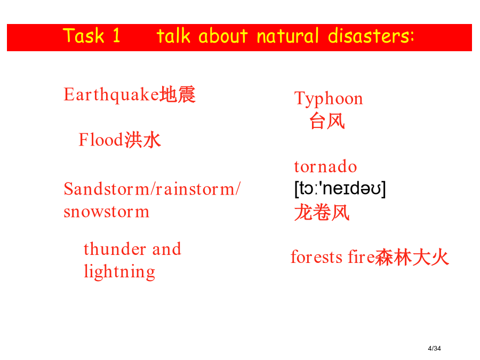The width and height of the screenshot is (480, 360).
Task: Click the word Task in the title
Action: click(84, 36)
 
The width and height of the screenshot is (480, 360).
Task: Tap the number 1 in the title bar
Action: click(116, 36)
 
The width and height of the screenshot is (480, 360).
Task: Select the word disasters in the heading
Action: click(371, 36)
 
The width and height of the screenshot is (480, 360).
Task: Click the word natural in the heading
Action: click(288, 36)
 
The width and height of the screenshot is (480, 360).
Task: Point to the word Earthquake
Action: click(112, 94)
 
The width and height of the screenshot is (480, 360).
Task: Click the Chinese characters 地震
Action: click(178, 94)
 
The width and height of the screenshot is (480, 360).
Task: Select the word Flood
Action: click(101, 140)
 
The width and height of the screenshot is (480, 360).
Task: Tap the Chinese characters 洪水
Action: click(142, 140)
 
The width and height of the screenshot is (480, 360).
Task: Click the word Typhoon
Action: click(329, 99)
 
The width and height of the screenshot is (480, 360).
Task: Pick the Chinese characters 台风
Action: click(327, 121)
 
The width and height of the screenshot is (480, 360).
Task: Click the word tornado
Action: click(325, 166)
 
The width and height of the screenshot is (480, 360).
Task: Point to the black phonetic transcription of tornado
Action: click(340, 189)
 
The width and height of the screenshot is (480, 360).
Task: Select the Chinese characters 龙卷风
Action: click(322, 212)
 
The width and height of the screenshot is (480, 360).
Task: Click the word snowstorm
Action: click(107, 212)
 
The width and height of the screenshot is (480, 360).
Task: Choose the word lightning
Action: click(119, 271)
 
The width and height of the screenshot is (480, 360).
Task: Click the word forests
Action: click(316, 257)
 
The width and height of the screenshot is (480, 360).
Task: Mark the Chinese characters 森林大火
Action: click(412, 257)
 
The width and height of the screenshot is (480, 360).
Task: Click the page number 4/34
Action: click(434, 348)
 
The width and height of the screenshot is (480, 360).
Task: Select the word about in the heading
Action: click(223, 36)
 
